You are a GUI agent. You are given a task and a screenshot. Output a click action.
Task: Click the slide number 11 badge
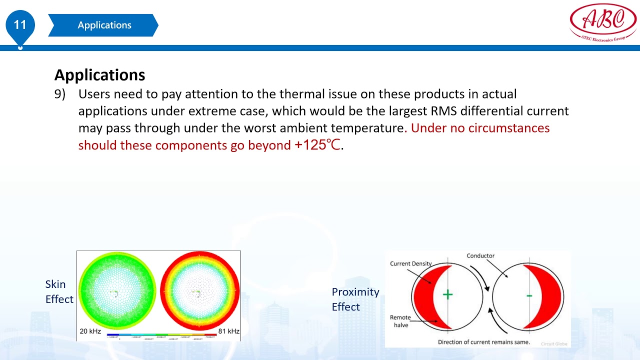pyautogui.click(x=20, y=25)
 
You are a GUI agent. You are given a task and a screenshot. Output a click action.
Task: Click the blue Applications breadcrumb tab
pyautogui.click(x=104, y=25)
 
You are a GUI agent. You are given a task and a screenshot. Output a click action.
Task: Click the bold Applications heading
pyautogui.click(x=99, y=75)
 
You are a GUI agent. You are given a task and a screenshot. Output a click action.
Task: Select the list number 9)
pyautogui.click(x=60, y=94)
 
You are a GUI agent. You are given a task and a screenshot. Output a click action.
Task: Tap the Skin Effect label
pyautogui.click(x=59, y=291)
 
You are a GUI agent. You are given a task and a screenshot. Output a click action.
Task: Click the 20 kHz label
pyautogui.click(x=90, y=331)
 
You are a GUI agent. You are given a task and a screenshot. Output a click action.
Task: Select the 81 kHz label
pyautogui.click(x=228, y=331)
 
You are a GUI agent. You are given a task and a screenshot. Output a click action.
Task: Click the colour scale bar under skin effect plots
pyautogui.click(x=161, y=334)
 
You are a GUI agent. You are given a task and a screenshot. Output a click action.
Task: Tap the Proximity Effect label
pyautogui.click(x=355, y=299)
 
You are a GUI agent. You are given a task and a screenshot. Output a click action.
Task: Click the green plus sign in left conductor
pyautogui.click(x=447, y=294)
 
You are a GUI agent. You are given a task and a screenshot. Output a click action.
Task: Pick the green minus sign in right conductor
pyautogui.click(x=529, y=296)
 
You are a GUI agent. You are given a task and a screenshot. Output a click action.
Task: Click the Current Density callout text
pyautogui.click(x=410, y=263)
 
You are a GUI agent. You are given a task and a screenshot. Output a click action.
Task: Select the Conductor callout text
pyautogui.click(x=480, y=255)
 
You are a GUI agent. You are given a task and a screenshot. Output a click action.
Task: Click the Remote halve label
pyautogui.click(x=400, y=321)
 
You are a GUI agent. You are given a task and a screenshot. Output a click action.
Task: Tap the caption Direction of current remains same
pyautogui.click(x=483, y=342)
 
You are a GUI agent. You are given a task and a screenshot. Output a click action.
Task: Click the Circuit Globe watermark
pyautogui.click(x=554, y=344)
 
